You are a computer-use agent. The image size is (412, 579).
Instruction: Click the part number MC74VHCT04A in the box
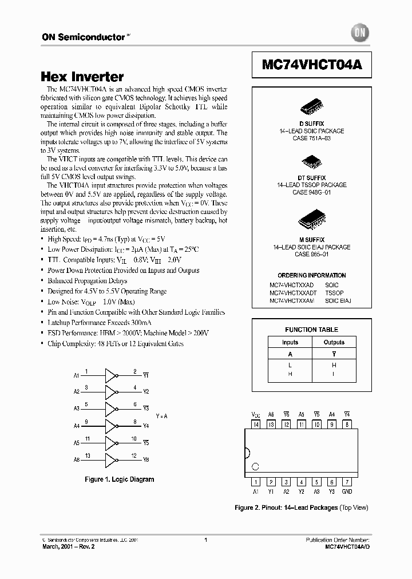coord(312,65)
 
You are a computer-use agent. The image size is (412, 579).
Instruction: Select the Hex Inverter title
coord(82,77)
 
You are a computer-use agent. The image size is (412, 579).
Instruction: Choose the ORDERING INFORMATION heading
coord(312,275)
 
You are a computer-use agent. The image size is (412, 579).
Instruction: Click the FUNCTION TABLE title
coord(312,330)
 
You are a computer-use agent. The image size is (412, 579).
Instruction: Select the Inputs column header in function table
coord(290,342)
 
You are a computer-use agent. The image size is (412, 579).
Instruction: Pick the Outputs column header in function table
coord(334,342)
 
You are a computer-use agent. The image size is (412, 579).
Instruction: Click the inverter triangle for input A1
coord(109,375)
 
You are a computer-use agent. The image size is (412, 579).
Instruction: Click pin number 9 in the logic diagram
coord(86,422)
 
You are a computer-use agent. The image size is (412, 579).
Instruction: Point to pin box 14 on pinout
coord(256,425)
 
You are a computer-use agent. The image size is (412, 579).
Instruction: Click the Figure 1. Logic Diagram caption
coord(119,479)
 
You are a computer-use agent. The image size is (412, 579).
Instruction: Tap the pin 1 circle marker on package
coord(256,466)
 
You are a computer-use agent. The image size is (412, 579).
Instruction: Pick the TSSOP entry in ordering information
coord(334,292)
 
